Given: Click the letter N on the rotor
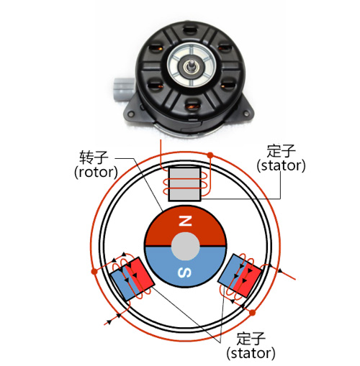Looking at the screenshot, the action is point(185,221).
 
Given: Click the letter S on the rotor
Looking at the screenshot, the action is point(185,273).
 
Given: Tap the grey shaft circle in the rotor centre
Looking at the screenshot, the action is point(185,246).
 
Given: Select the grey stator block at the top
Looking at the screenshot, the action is point(184,184).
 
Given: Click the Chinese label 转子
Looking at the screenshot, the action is point(94,157).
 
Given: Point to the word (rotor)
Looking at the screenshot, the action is point(96,172).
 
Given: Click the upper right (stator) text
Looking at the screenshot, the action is point(281,165).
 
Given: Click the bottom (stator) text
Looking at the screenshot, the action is point(251,353).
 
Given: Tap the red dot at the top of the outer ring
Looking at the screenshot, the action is point(210,155).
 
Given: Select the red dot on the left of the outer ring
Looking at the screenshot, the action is point(95,271).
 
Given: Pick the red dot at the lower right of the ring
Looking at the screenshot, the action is point(252,313).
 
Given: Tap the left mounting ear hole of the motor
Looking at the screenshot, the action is point(131,113).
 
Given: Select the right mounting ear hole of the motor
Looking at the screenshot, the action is point(246,113).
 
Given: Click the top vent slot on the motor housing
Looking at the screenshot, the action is point(190,31).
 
